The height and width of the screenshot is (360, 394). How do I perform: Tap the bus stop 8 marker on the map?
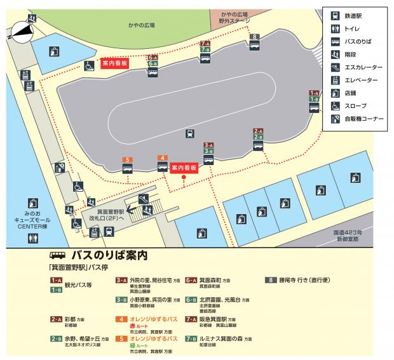pyautogui.click(x=254, y=37)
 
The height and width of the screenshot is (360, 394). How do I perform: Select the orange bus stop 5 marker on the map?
pyautogui.click(x=127, y=159)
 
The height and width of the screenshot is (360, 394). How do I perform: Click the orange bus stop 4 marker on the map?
pyautogui.click(x=163, y=157)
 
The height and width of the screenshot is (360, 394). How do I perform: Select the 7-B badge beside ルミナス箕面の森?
pyautogui.click(x=191, y=338)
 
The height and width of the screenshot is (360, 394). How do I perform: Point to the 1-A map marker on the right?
pyautogui.click(x=313, y=92)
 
